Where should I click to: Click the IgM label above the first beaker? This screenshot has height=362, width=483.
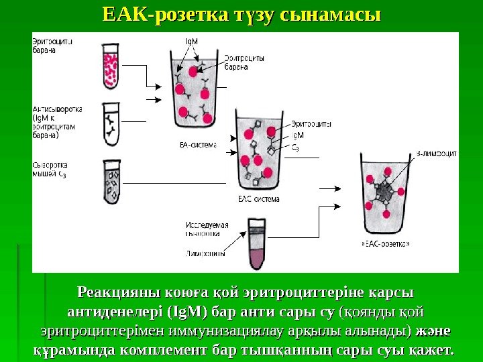tap(191, 42)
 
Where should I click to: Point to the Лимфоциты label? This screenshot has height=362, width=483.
tap(206, 254)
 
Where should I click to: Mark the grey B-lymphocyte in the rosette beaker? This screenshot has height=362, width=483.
tap(384, 195)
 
